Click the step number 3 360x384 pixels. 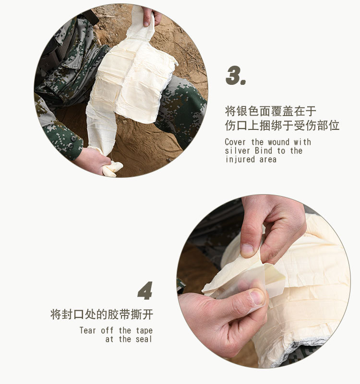[235, 76]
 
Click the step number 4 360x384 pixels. [145, 291]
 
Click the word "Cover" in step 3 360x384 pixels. [235, 142]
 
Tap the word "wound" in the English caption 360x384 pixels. [278, 142]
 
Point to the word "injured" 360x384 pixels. [240, 160]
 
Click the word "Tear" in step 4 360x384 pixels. [87, 330]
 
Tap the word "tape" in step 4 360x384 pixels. [144, 331]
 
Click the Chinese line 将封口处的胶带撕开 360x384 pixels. [102, 314]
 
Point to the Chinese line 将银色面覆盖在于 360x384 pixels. [271, 111]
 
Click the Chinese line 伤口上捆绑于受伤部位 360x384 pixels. [282, 126]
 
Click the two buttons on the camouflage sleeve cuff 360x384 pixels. [72, 142]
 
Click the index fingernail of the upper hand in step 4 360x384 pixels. [247, 249]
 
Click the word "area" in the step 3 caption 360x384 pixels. [268, 160]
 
